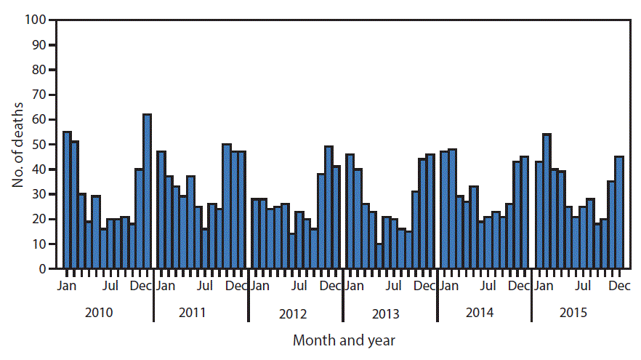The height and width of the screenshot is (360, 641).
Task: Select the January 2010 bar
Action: [x=67, y=200]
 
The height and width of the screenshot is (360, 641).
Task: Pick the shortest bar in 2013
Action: [x=379, y=256]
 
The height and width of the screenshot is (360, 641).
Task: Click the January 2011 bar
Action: [x=161, y=210]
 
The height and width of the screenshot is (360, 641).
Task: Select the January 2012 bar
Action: [x=256, y=233]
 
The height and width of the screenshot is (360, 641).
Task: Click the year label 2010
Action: [x=98, y=313]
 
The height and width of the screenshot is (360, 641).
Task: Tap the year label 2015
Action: [x=574, y=313]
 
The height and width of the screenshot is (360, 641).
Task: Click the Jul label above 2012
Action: [x=299, y=286]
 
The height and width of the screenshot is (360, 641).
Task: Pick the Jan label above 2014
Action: [x=448, y=286]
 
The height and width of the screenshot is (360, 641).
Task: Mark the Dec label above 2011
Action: [x=236, y=286]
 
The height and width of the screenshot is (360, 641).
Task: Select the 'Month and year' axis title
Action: [x=344, y=340]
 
